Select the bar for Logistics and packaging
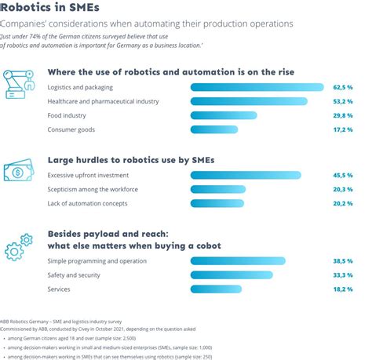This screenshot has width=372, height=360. pos(260,87)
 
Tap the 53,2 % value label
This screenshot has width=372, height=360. pos(343,101)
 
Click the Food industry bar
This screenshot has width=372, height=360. pos(224,115)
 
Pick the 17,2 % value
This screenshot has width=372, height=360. pos(343,129)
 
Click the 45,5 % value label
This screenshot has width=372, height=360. pos(343,175)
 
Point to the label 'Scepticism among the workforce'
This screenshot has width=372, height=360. pos(93,189)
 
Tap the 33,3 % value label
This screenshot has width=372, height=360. pos(343,275)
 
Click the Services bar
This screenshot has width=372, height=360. pos(210,289)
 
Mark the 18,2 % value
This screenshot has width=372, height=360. pos(343,289)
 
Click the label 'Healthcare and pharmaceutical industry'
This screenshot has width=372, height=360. pos(103,101)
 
